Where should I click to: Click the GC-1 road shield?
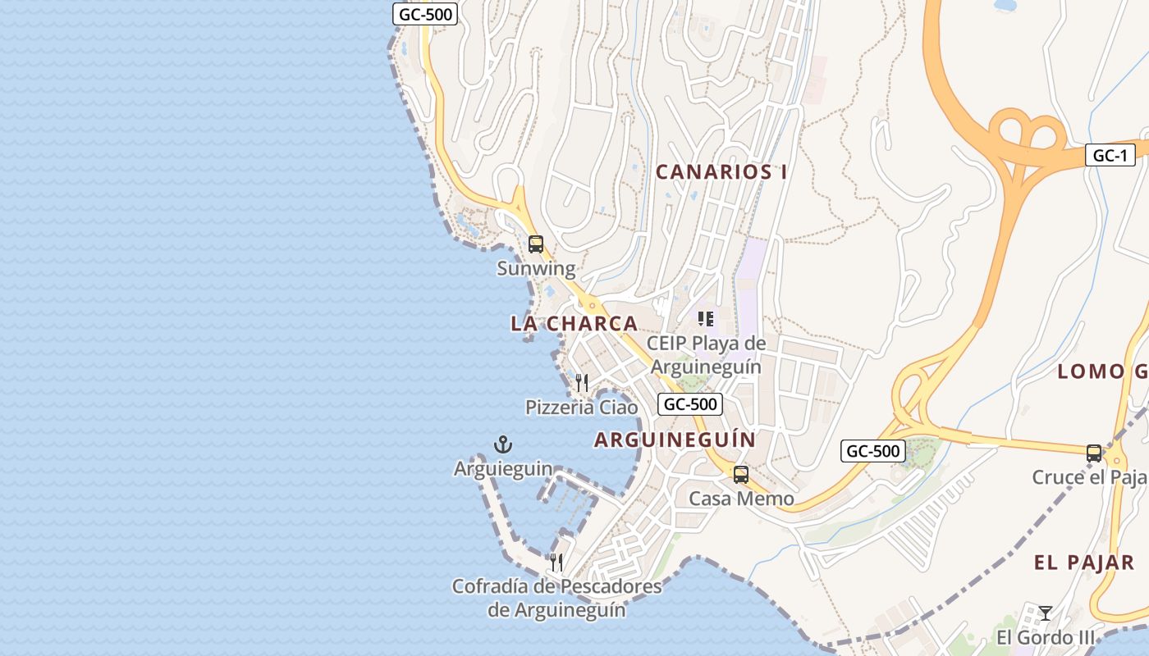(x=1110, y=156)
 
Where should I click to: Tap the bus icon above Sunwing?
(x=536, y=244)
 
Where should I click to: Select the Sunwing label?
(x=536, y=268)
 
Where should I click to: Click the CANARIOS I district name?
(x=721, y=172)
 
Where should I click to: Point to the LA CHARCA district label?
(x=574, y=323)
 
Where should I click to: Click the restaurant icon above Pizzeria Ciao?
(x=582, y=382)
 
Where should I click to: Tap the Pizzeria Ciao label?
(x=581, y=408)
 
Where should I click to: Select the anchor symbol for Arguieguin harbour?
(x=502, y=444)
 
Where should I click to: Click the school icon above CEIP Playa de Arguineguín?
(x=705, y=318)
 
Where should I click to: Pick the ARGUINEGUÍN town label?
(x=675, y=440)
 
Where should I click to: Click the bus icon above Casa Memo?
(x=740, y=474)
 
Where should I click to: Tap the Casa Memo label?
(x=741, y=499)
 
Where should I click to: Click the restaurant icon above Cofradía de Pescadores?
(x=556, y=563)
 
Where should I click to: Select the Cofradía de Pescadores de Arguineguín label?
(x=556, y=599)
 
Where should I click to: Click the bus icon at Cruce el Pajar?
(x=1093, y=453)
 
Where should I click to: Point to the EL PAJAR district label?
(x=1083, y=563)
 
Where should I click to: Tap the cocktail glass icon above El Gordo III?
(x=1045, y=613)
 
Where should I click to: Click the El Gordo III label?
(x=1046, y=638)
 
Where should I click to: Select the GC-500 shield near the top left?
(x=424, y=14)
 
